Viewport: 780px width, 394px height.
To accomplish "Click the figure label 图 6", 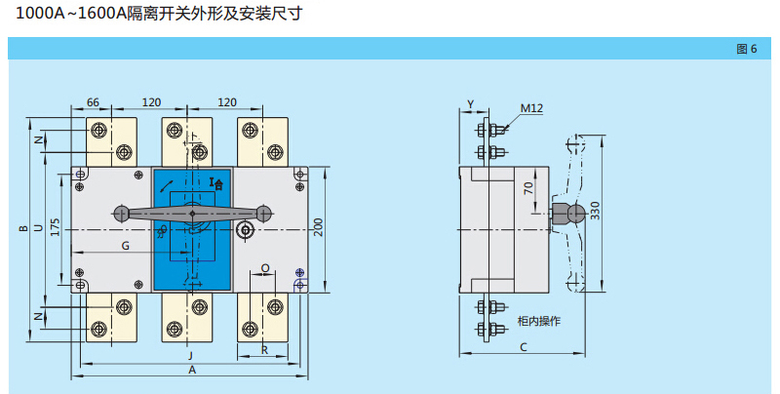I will coord(746,49).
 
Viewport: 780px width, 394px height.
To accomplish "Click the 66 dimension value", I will coord(94,102).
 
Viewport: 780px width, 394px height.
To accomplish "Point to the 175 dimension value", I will coord(56,227).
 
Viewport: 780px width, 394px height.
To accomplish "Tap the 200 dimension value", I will coord(318,227).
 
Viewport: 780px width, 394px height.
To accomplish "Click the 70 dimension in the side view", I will coord(527,188).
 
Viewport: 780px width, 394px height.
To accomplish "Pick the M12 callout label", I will coord(530,108).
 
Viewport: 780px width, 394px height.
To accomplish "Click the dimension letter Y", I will coord(471,103).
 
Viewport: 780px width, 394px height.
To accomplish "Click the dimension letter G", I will coord(125,247).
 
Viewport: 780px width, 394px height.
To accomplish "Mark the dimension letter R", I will coord(264,348).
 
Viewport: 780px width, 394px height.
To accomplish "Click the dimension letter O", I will coord(265,267).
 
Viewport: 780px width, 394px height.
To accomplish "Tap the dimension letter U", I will coord(37,228).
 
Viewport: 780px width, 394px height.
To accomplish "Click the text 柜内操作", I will coord(538,321).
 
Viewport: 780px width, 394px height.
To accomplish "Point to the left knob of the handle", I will coord(122,213).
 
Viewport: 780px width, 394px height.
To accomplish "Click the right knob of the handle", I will coord(262,213).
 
